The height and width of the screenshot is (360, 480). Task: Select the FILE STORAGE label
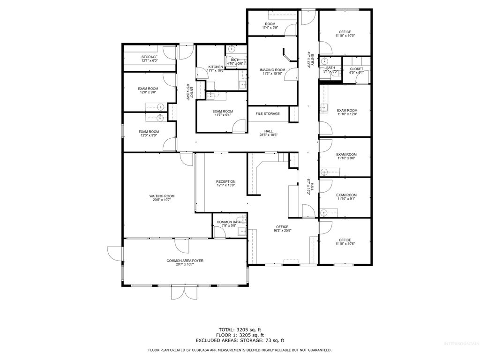pos(268,114)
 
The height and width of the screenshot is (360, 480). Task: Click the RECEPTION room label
pos(225,181)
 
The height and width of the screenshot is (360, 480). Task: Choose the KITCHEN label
pos(216,67)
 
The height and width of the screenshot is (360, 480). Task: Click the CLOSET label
pos(356,69)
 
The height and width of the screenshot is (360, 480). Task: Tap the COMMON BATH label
pos(229,222)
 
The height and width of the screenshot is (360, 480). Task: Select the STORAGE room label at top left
pos(150,57)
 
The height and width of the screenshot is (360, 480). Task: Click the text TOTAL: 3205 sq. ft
pos(240,330)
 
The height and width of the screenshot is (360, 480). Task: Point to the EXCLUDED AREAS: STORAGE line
pos(240,340)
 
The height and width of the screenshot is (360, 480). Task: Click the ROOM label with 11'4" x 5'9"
pos(270,24)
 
